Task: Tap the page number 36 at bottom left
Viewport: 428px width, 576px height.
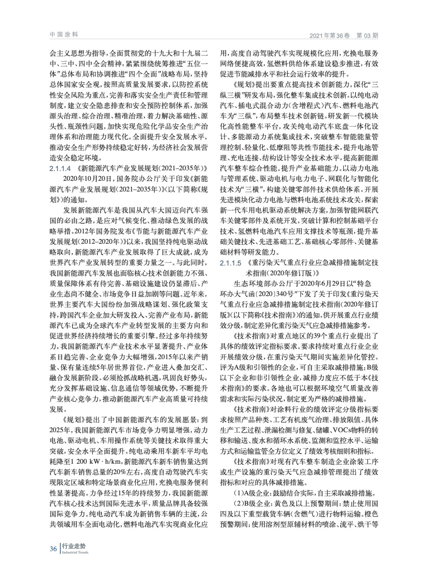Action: [53, 549]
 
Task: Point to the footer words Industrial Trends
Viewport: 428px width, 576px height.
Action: [75, 553]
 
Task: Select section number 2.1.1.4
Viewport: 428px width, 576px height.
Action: [60, 168]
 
